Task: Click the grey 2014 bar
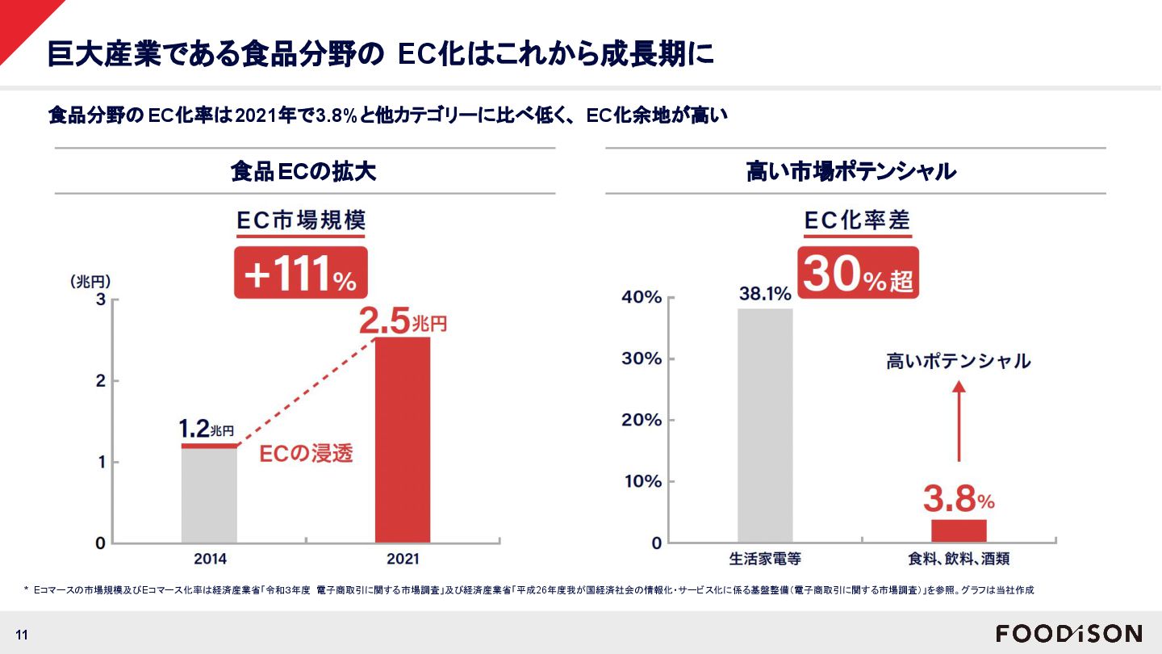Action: [x=209, y=494]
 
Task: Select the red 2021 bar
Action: [x=403, y=440]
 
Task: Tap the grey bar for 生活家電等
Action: [x=765, y=426]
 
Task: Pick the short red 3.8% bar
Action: [x=959, y=530]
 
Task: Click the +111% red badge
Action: [x=300, y=274]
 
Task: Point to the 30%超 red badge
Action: [x=859, y=274]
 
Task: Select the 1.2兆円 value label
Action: [x=206, y=428]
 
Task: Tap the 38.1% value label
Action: [x=765, y=295]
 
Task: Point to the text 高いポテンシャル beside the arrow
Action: [x=959, y=361]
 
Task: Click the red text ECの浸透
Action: [x=306, y=454]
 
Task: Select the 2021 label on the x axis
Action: [x=403, y=559]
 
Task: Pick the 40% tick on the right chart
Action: [x=642, y=298]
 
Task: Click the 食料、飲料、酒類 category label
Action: [x=959, y=559]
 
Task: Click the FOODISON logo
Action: [x=1069, y=633]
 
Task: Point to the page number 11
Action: [x=22, y=635]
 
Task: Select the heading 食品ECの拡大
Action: [x=303, y=172]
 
